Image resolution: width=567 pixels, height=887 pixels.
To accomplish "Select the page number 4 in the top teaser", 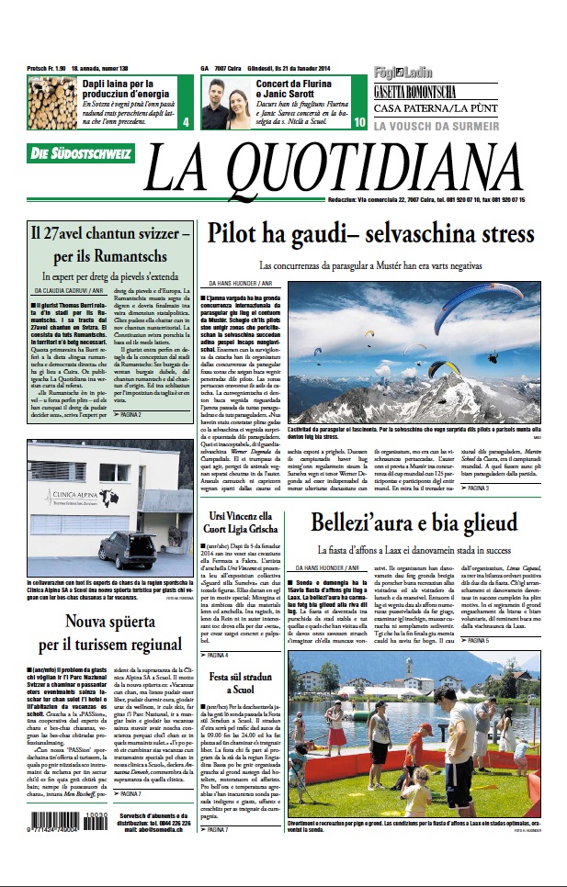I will tap(186, 121).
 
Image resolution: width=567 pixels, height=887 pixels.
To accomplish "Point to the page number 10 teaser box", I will tap(358, 121).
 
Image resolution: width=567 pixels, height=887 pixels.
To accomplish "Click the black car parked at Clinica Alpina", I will tap(129, 550).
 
